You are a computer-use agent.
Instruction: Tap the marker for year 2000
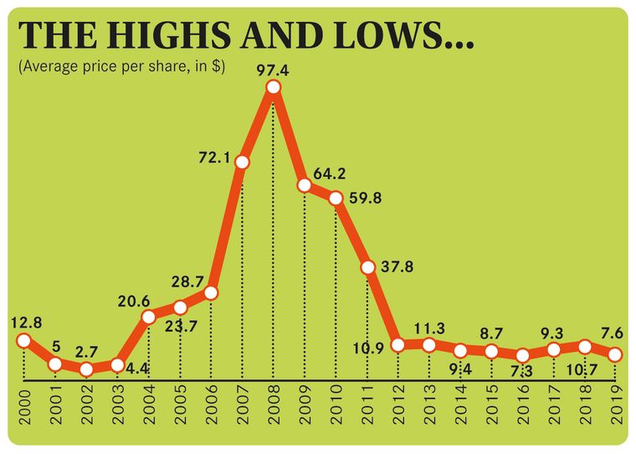pyautogui.click(x=23, y=340)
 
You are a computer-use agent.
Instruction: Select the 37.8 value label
pyautogui.click(x=401, y=269)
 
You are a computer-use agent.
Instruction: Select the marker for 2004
pyautogui.click(x=149, y=317)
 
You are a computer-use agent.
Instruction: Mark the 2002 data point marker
pyautogui.click(x=86, y=369)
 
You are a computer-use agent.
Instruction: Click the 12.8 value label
pyautogui.click(x=26, y=321)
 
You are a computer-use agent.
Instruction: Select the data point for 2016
pyautogui.click(x=523, y=355)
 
